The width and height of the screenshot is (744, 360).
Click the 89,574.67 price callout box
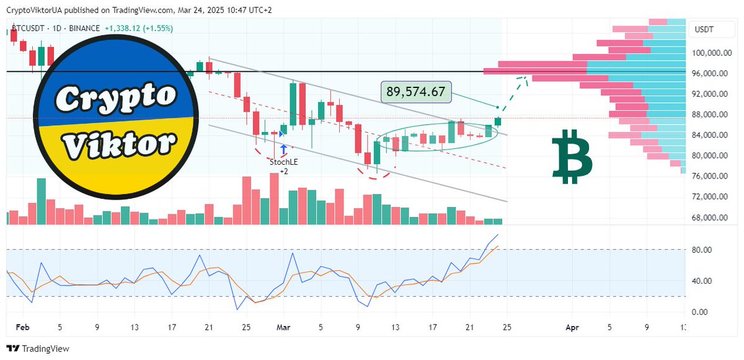(416, 92)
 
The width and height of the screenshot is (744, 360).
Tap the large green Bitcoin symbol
(572, 157)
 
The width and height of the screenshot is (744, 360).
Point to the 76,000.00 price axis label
(709, 176)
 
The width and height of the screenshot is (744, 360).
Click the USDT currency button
(704, 30)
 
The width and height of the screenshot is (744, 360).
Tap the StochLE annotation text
(283, 162)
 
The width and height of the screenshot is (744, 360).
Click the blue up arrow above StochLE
(283, 149)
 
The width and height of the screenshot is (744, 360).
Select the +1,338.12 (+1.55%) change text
(139, 29)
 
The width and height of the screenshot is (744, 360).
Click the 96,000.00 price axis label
(709, 74)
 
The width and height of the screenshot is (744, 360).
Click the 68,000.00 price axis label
(709, 217)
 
